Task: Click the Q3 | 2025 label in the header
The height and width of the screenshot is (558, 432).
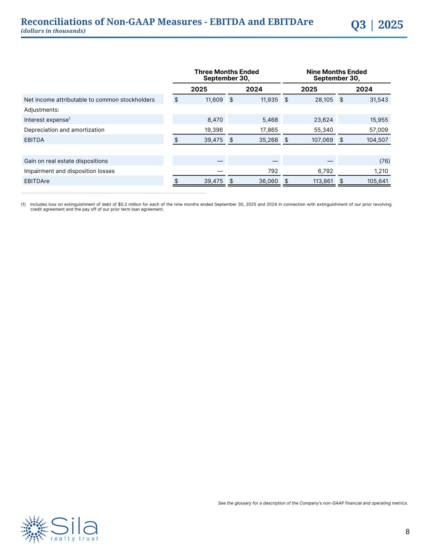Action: pos(377,25)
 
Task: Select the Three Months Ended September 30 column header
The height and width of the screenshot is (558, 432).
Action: pos(226,75)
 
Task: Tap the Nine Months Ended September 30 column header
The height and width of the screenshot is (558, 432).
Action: pos(337,75)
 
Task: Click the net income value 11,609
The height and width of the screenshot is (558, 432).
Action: pos(214,100)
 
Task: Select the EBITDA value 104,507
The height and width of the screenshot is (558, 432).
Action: pos(377,140)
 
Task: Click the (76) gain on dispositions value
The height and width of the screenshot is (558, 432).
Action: pos(385,161)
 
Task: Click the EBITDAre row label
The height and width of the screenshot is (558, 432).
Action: pos(37,181)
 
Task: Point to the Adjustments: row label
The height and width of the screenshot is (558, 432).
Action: pos(42,110)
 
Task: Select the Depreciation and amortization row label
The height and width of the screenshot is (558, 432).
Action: pos(64,130)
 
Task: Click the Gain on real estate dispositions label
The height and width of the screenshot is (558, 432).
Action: pos(66,161)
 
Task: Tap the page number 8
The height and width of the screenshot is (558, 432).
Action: pos(407,532)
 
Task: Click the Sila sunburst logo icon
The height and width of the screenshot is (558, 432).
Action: pos(34,529)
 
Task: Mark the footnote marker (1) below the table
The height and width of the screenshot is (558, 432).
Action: pos(23,204)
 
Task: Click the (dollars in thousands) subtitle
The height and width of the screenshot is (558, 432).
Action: pos(53,31)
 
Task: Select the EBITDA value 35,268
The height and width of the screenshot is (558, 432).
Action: pos(269,140)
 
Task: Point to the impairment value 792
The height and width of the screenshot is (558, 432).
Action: pos(272,171)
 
